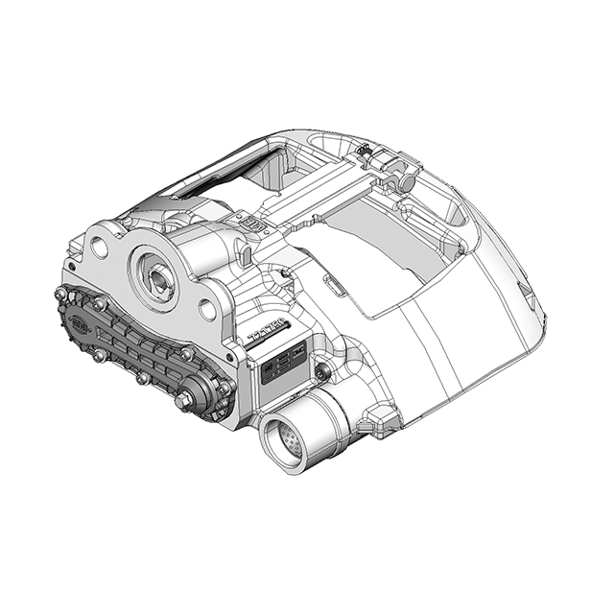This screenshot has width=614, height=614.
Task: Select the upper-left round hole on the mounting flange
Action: coord(99,247)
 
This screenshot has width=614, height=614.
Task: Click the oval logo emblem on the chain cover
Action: coord(80,323)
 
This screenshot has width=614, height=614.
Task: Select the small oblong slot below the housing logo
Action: coord(247,256)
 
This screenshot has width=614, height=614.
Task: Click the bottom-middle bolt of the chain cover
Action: coord(142,378)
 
